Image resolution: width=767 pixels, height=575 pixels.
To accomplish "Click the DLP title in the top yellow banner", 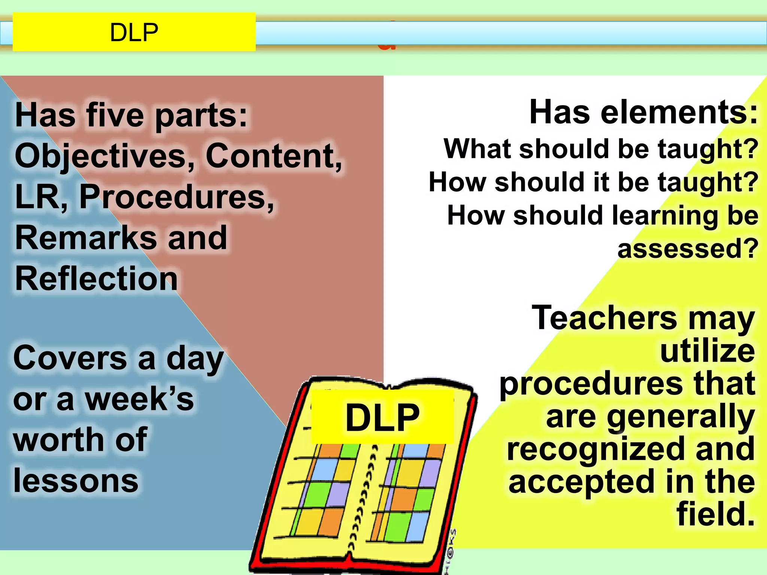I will [x=134, y=33].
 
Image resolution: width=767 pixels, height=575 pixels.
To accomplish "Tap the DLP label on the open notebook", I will [x=382, y=417].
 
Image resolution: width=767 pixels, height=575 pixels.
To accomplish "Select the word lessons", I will [x=76, y=481].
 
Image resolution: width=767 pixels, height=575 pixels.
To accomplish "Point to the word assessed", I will [x=687, y=249].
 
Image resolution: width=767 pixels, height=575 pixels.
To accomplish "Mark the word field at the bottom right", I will [x=715, y=515].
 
